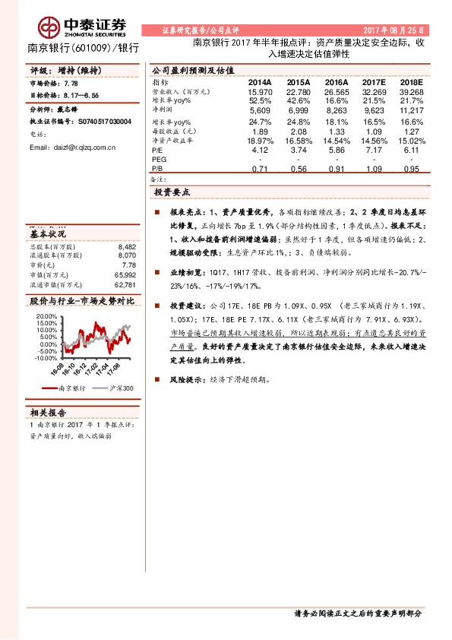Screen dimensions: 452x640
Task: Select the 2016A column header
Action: click(336, 82)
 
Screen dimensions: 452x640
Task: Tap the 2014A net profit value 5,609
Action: click(260, 110)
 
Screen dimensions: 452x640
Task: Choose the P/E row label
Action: click(157, 151)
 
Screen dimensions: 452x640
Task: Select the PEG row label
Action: click(159, 160)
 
